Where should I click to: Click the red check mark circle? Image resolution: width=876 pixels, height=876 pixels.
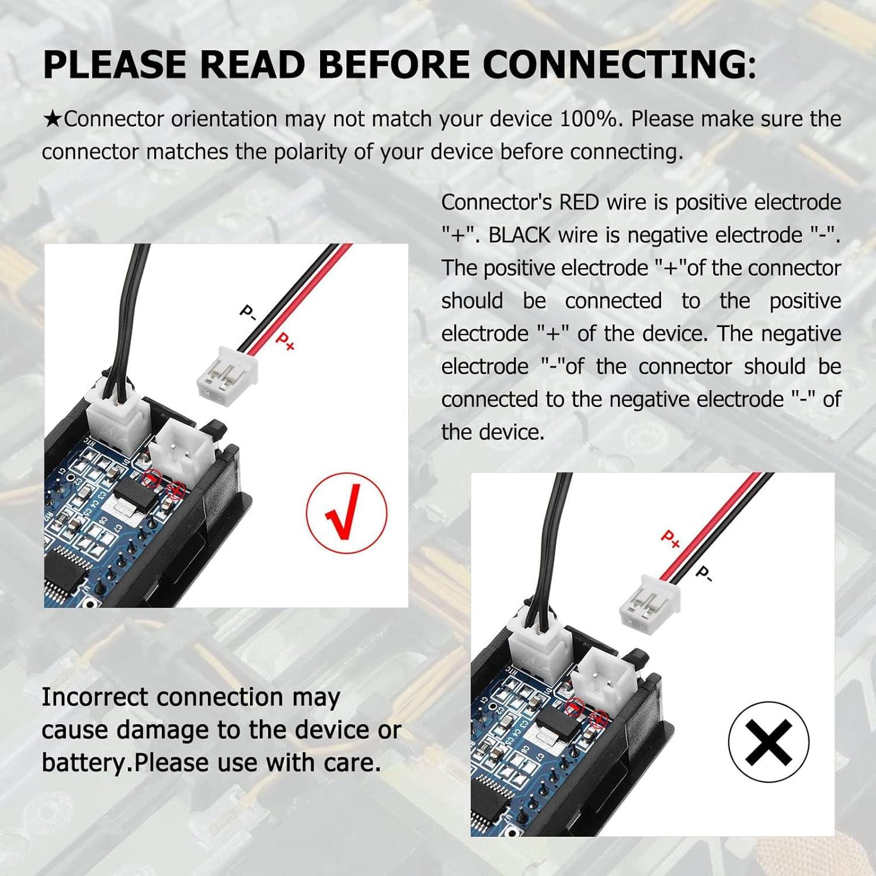[x=346, y=513]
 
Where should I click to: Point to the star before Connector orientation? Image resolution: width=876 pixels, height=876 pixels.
[x=53, y=120]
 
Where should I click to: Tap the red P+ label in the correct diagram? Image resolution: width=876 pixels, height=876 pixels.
[x=284, y=341]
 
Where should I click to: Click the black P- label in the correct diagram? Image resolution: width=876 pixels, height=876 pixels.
[x=248, y=312]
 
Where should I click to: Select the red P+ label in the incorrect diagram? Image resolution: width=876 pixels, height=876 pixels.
[x=670, y=539]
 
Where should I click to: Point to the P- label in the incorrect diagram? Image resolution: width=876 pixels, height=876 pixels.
[x=704, y=573]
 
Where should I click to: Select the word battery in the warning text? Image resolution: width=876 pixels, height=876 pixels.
[x=84, y=763]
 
